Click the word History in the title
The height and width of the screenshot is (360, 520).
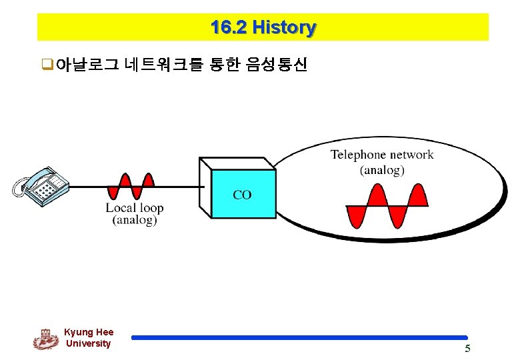(x=284, y=28)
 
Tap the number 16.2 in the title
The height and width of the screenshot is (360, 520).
(x=229, y=28)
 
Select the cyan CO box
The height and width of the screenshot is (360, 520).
(x=243, y=194)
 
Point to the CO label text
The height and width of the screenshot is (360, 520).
(x=243, y=195)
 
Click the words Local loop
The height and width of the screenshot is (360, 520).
(x=134, y=207)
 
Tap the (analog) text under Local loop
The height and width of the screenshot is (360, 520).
(x=134, y=220)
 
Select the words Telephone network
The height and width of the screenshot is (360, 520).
(x=381, y=155)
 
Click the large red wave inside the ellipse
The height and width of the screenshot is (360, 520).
(x=387, y=206)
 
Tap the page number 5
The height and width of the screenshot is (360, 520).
(x=467, y=349)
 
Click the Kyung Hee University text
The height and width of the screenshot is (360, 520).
(x=89, y=338)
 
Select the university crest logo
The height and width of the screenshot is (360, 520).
(x=45, y=339)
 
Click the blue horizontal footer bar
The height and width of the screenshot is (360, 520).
(x=299, y=338)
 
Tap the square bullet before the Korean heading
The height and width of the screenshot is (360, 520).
(x=47, y=65)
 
